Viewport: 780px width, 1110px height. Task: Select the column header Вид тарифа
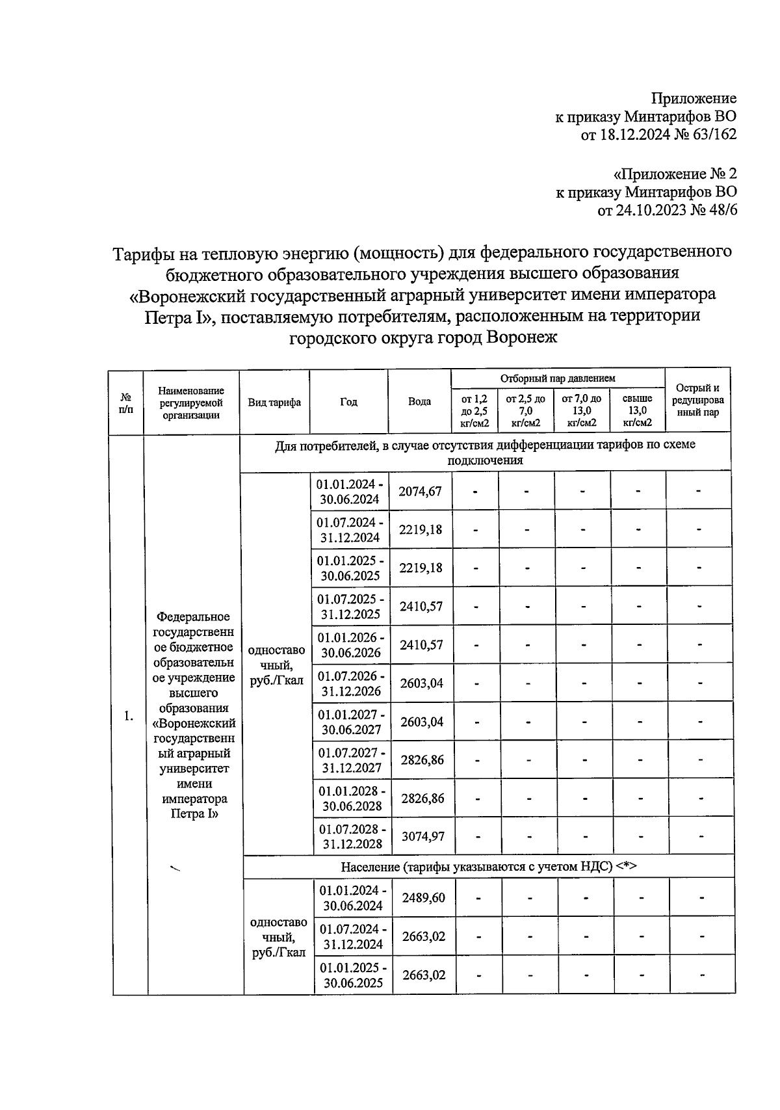point(274,403)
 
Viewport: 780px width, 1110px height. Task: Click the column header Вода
point(419,402)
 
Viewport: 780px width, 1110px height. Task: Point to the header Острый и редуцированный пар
point(697,401)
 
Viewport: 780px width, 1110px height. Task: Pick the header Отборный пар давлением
point(557,378)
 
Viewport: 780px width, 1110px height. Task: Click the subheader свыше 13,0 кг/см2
point(637,411)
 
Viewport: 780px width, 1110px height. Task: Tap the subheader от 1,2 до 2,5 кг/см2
point(474,411)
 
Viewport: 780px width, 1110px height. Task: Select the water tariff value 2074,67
point(420,492)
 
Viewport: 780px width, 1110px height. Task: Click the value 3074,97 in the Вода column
point(422,837)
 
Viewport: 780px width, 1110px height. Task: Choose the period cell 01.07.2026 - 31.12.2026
point(351,683)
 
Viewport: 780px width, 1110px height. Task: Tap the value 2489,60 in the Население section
point(423,898)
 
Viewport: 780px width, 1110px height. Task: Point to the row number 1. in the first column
point(129,716)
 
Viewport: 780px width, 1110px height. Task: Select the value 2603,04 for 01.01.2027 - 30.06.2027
point(422,722)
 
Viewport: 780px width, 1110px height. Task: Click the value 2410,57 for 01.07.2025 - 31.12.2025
point(421,607)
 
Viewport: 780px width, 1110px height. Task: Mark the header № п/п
point(127,403)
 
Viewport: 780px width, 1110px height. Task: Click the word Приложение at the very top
point(694,98)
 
